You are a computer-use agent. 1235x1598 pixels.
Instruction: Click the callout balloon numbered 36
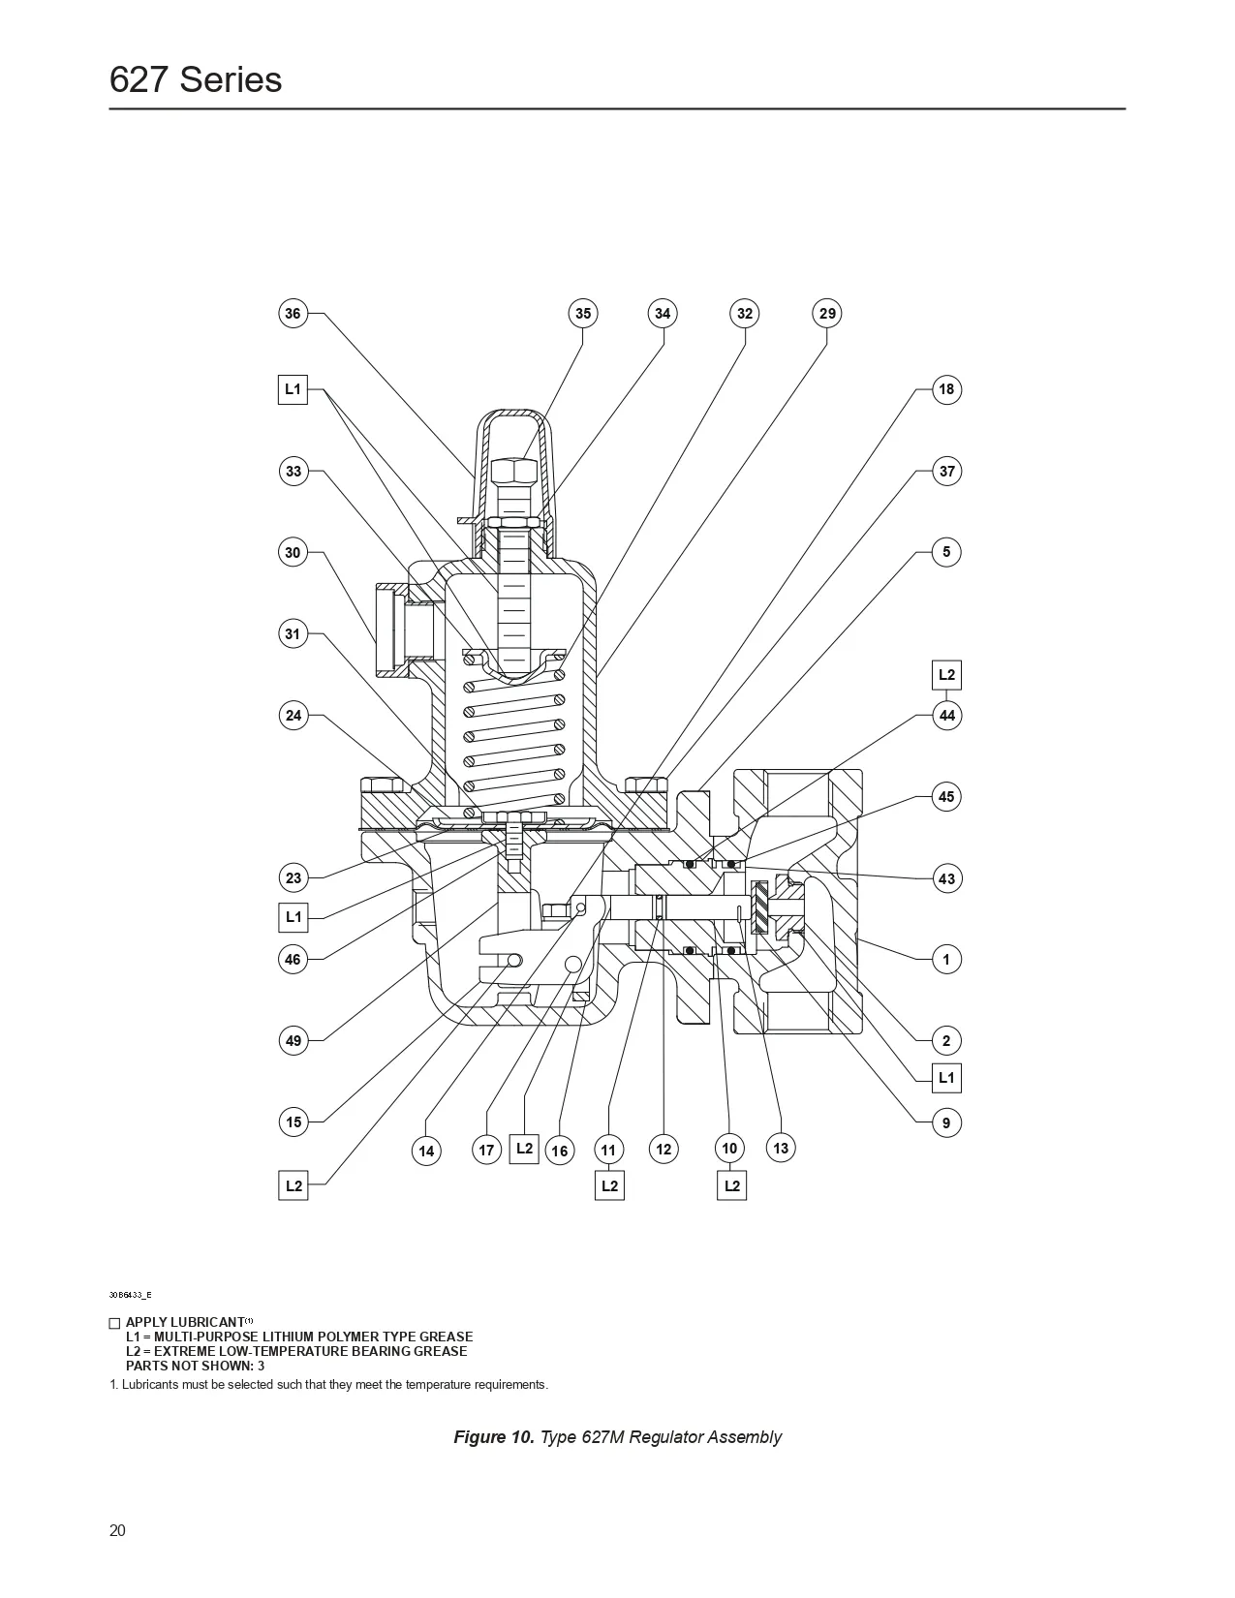(x=293, y=313)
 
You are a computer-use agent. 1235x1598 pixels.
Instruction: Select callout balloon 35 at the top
(x=582, y=313)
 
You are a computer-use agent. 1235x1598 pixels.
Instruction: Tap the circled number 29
(x=826, y=313)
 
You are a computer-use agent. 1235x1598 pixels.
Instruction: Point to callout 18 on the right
(x=946, y=389)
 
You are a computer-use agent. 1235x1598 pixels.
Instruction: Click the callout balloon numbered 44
(x=946, y=716)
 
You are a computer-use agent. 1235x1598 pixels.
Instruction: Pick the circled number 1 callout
(x=946, y=960)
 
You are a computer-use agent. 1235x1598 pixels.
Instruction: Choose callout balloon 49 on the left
(x=293, y=1041)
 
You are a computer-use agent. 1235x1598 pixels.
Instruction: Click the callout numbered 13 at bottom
(x=781, y=1149)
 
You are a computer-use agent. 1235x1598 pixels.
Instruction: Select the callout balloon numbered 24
(x=293, y=716)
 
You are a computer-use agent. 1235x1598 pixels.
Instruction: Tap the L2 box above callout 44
(x=946, y=675)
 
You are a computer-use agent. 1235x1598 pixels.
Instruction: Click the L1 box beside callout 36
(x=293, y=389)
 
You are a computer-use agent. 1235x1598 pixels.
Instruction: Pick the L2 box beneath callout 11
(x=609, y=1185)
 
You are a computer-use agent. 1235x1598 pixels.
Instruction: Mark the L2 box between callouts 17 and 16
(x=524, y=1149)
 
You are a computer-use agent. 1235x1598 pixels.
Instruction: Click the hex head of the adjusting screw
(x=514, y=472)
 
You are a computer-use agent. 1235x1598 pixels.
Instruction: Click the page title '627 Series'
(x=196, y=79)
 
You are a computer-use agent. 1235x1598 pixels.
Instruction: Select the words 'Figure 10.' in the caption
(x=493, y=1437)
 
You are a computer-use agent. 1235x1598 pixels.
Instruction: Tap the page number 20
(x=117, y=1531)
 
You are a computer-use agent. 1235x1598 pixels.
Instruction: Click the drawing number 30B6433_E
(x=130, y=1295)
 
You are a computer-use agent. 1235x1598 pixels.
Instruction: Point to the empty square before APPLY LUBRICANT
(x=114, y=1323)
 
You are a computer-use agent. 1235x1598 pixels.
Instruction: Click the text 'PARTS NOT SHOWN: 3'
(x=195, y=1366)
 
